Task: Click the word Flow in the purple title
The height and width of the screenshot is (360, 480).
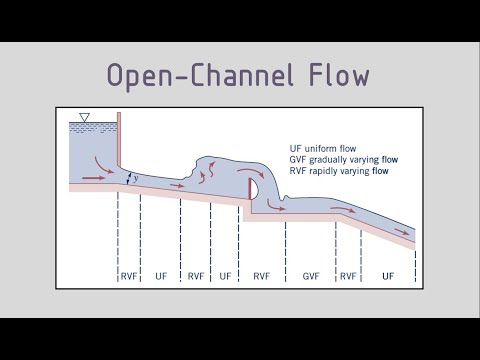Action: pyautogui.click(x=335, y=76)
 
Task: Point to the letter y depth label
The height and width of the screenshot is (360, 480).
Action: pyautogui.click(x=136, y=177)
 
